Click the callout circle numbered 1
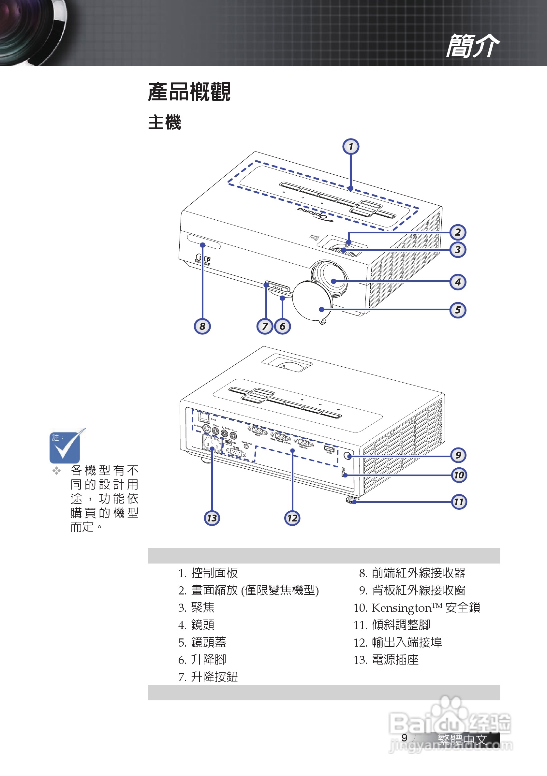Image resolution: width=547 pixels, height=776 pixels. (350, 147)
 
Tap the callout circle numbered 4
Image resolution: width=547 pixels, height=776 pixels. (458, 282)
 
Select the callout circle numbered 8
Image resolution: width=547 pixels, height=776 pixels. (202, 326)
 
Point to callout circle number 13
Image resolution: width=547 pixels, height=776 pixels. (212, 518)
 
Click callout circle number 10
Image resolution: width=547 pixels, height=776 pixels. (459, 475)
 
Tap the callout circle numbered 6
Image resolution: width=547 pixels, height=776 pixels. (282, 326)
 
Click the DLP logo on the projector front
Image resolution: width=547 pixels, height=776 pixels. (203, 259)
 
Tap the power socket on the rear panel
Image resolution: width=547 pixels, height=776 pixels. (212, 444)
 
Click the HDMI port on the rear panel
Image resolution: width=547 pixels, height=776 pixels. (329, 449)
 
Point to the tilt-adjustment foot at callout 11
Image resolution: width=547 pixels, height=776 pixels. (352, 500)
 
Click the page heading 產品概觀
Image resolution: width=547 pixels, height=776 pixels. (189, 92)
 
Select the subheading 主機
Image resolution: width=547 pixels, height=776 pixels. (165, 122)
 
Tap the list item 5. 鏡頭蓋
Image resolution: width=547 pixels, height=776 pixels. (202, 642)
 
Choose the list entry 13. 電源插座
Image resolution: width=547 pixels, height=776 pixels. (386, 660)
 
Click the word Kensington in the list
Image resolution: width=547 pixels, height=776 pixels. (401, 608)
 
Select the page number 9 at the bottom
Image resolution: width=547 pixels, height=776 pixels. (404, 738)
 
